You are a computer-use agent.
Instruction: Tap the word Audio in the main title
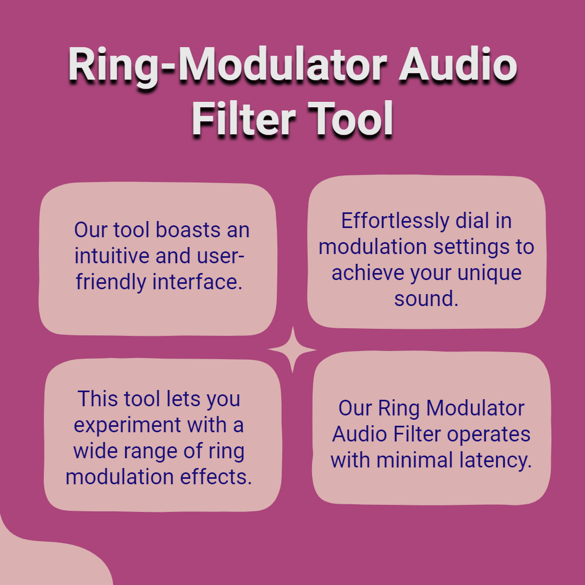pyautogui.click(x=458, y=63)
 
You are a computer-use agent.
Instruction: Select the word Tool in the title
pyautogui.click(x=350, y=119)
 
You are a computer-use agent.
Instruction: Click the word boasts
pyautogui.click(x=187, y=230)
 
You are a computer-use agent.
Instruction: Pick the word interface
pyautogui.click(x=197, y=282)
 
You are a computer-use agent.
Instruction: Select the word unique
pyautogui.click(x=489, y=274)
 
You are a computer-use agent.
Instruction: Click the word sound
pyautogui.click(x=426, y=299)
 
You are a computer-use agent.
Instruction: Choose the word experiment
pyautogui.click(x=128, y=426)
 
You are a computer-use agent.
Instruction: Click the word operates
pyautogui.click(x=489, y=434)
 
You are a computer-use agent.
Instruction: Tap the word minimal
pyautogui.click(x=414, y=460)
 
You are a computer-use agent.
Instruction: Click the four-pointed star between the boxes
pyautogui.click(x=292, y=349)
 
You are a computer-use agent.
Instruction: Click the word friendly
pyautogui.click(x=110, y=282)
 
